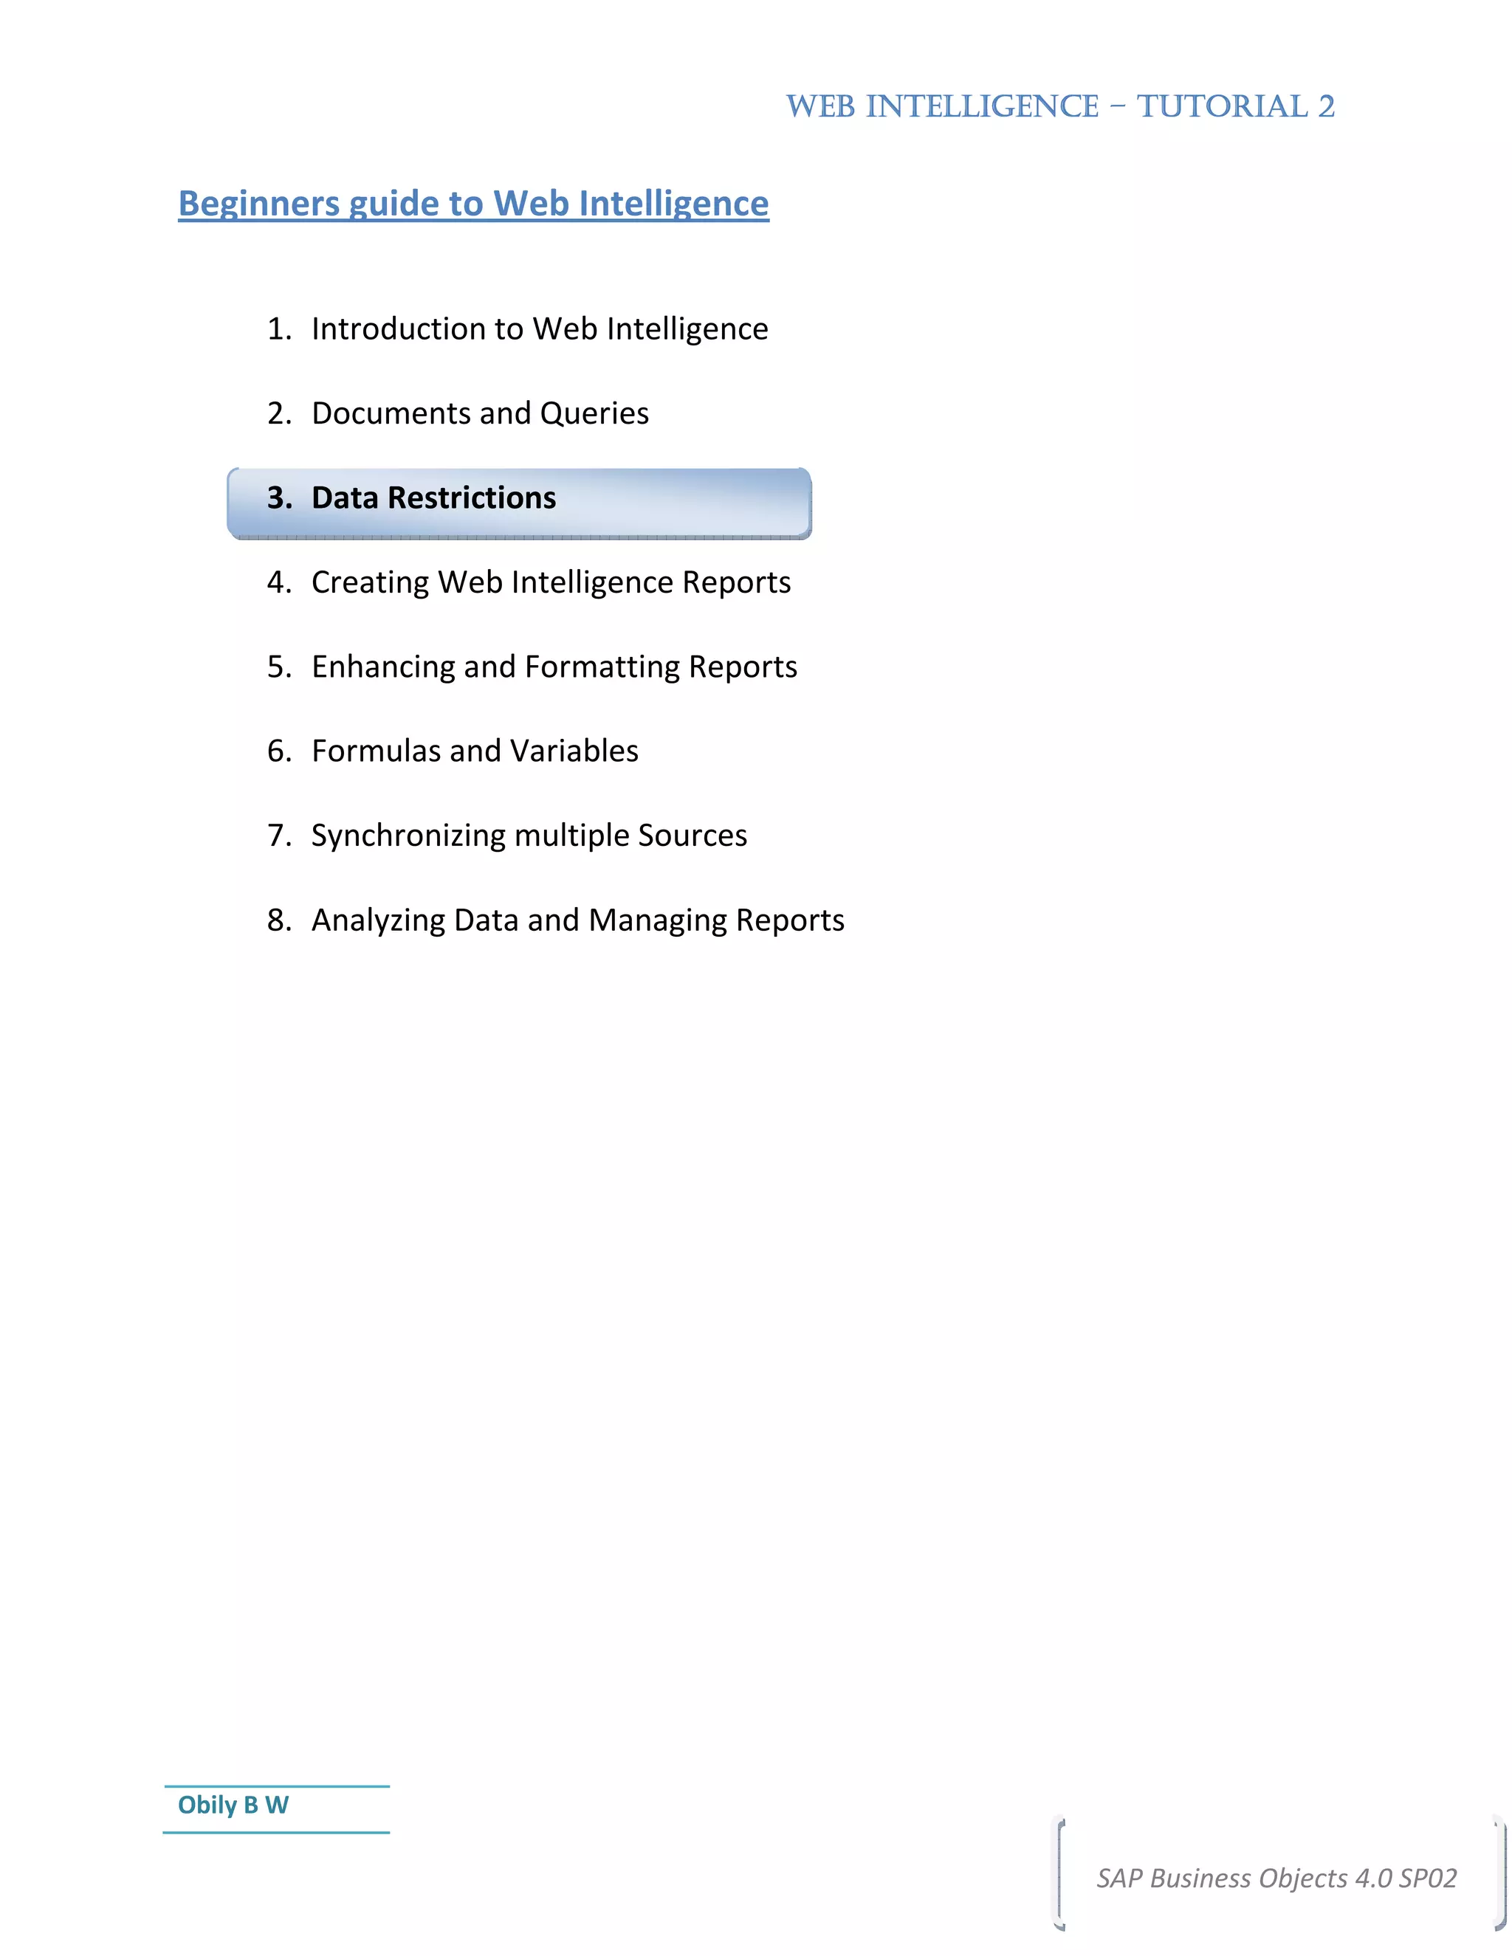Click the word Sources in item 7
coord(692,835)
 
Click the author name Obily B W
coord(233,1805)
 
